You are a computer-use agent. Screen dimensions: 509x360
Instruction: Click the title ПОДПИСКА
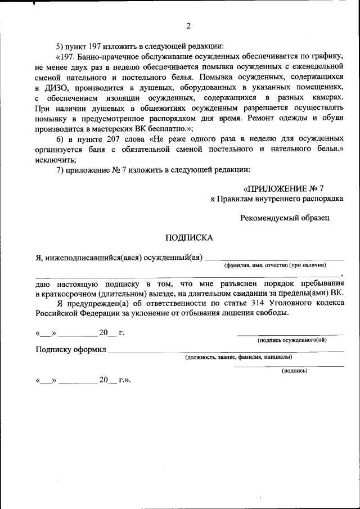click(188, 237)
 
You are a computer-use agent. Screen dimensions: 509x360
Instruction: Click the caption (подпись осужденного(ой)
click(291, 340)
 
